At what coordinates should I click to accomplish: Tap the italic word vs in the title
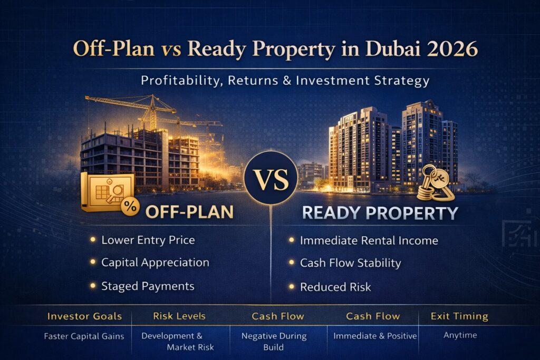click(x=171, y=50)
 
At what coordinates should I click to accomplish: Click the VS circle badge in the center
click(x=271, y=178)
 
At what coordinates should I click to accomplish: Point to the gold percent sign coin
click(x=130, y=206)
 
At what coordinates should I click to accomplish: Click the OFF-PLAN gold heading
click(x=189, y=212)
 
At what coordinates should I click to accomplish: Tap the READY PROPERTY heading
click(x=380, y=213)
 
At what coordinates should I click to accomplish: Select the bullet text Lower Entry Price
click(x=148, y=240)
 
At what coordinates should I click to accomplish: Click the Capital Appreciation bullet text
click(x=156, y=262)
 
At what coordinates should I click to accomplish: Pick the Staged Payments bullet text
click(x=148, y=286)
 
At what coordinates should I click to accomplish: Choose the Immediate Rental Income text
click(x=369, y=240)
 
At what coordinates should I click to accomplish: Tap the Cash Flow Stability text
click(x=351, y=263)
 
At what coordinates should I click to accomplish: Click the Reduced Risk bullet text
click(x=335, y=287)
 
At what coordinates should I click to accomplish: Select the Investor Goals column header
click(x=84, y=316)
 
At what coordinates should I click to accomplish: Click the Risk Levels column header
click(x=179, y=316)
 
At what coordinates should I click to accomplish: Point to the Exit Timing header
click(x=459, y=316)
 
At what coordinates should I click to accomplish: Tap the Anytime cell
click(x=460, y=335)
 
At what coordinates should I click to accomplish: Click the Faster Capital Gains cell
click(x=84, y=336)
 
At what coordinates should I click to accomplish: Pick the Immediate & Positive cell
click(x=375, y=336)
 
